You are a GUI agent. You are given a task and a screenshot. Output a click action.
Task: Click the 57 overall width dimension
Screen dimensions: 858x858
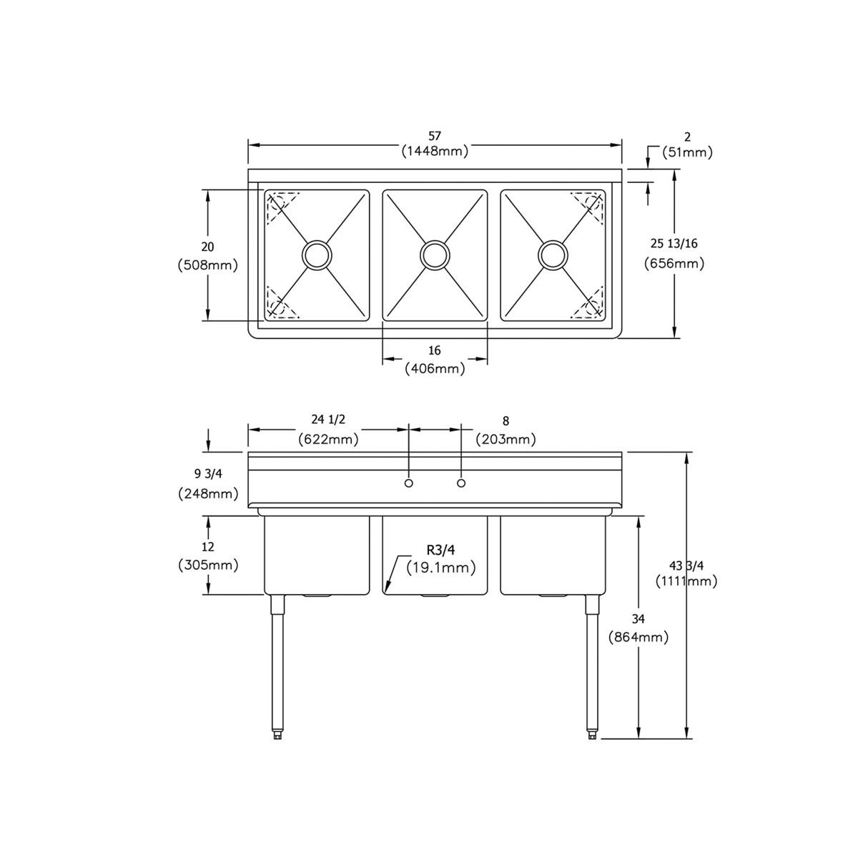435,136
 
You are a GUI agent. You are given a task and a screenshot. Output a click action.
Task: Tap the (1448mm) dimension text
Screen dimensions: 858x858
435,151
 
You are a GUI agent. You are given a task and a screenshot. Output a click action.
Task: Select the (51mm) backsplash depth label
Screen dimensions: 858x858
687,152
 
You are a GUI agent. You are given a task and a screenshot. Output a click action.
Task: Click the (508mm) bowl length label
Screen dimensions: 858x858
207,265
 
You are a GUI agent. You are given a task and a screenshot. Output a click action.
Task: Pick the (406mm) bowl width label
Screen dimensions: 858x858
435,369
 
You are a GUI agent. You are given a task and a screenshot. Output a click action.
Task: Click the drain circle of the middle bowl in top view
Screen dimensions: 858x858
435,255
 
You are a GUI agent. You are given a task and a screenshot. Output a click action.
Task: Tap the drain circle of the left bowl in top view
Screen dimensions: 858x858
317,255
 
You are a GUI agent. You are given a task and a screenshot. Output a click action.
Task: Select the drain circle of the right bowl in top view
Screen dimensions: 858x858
553,255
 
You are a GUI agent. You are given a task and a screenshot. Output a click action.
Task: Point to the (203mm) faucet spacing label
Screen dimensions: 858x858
506,439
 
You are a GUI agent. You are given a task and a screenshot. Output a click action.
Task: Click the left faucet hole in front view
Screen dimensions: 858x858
408,483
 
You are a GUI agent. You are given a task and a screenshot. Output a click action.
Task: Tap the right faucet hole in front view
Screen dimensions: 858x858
461,483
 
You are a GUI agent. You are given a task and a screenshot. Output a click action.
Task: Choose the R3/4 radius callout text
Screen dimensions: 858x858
441,551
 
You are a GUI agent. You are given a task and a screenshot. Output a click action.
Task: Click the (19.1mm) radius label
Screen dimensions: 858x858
441,568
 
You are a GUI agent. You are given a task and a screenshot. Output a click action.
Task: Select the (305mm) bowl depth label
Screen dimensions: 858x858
207,565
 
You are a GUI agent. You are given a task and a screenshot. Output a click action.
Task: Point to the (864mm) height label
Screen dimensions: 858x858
638,636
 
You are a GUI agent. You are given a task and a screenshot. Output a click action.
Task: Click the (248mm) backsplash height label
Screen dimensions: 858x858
207,493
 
